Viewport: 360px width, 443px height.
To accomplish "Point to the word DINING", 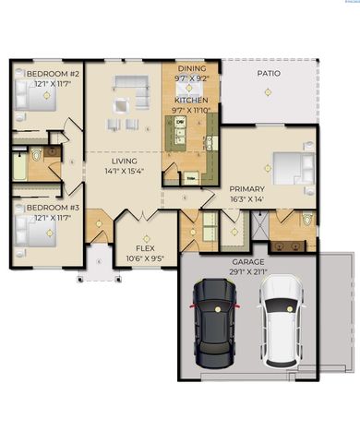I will tap(191, 69).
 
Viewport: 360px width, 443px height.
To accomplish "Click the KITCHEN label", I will tap(191, 100).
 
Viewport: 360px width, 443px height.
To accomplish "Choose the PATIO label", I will tap(269, 72).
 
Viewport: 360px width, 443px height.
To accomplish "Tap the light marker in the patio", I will tap(268, 91).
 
